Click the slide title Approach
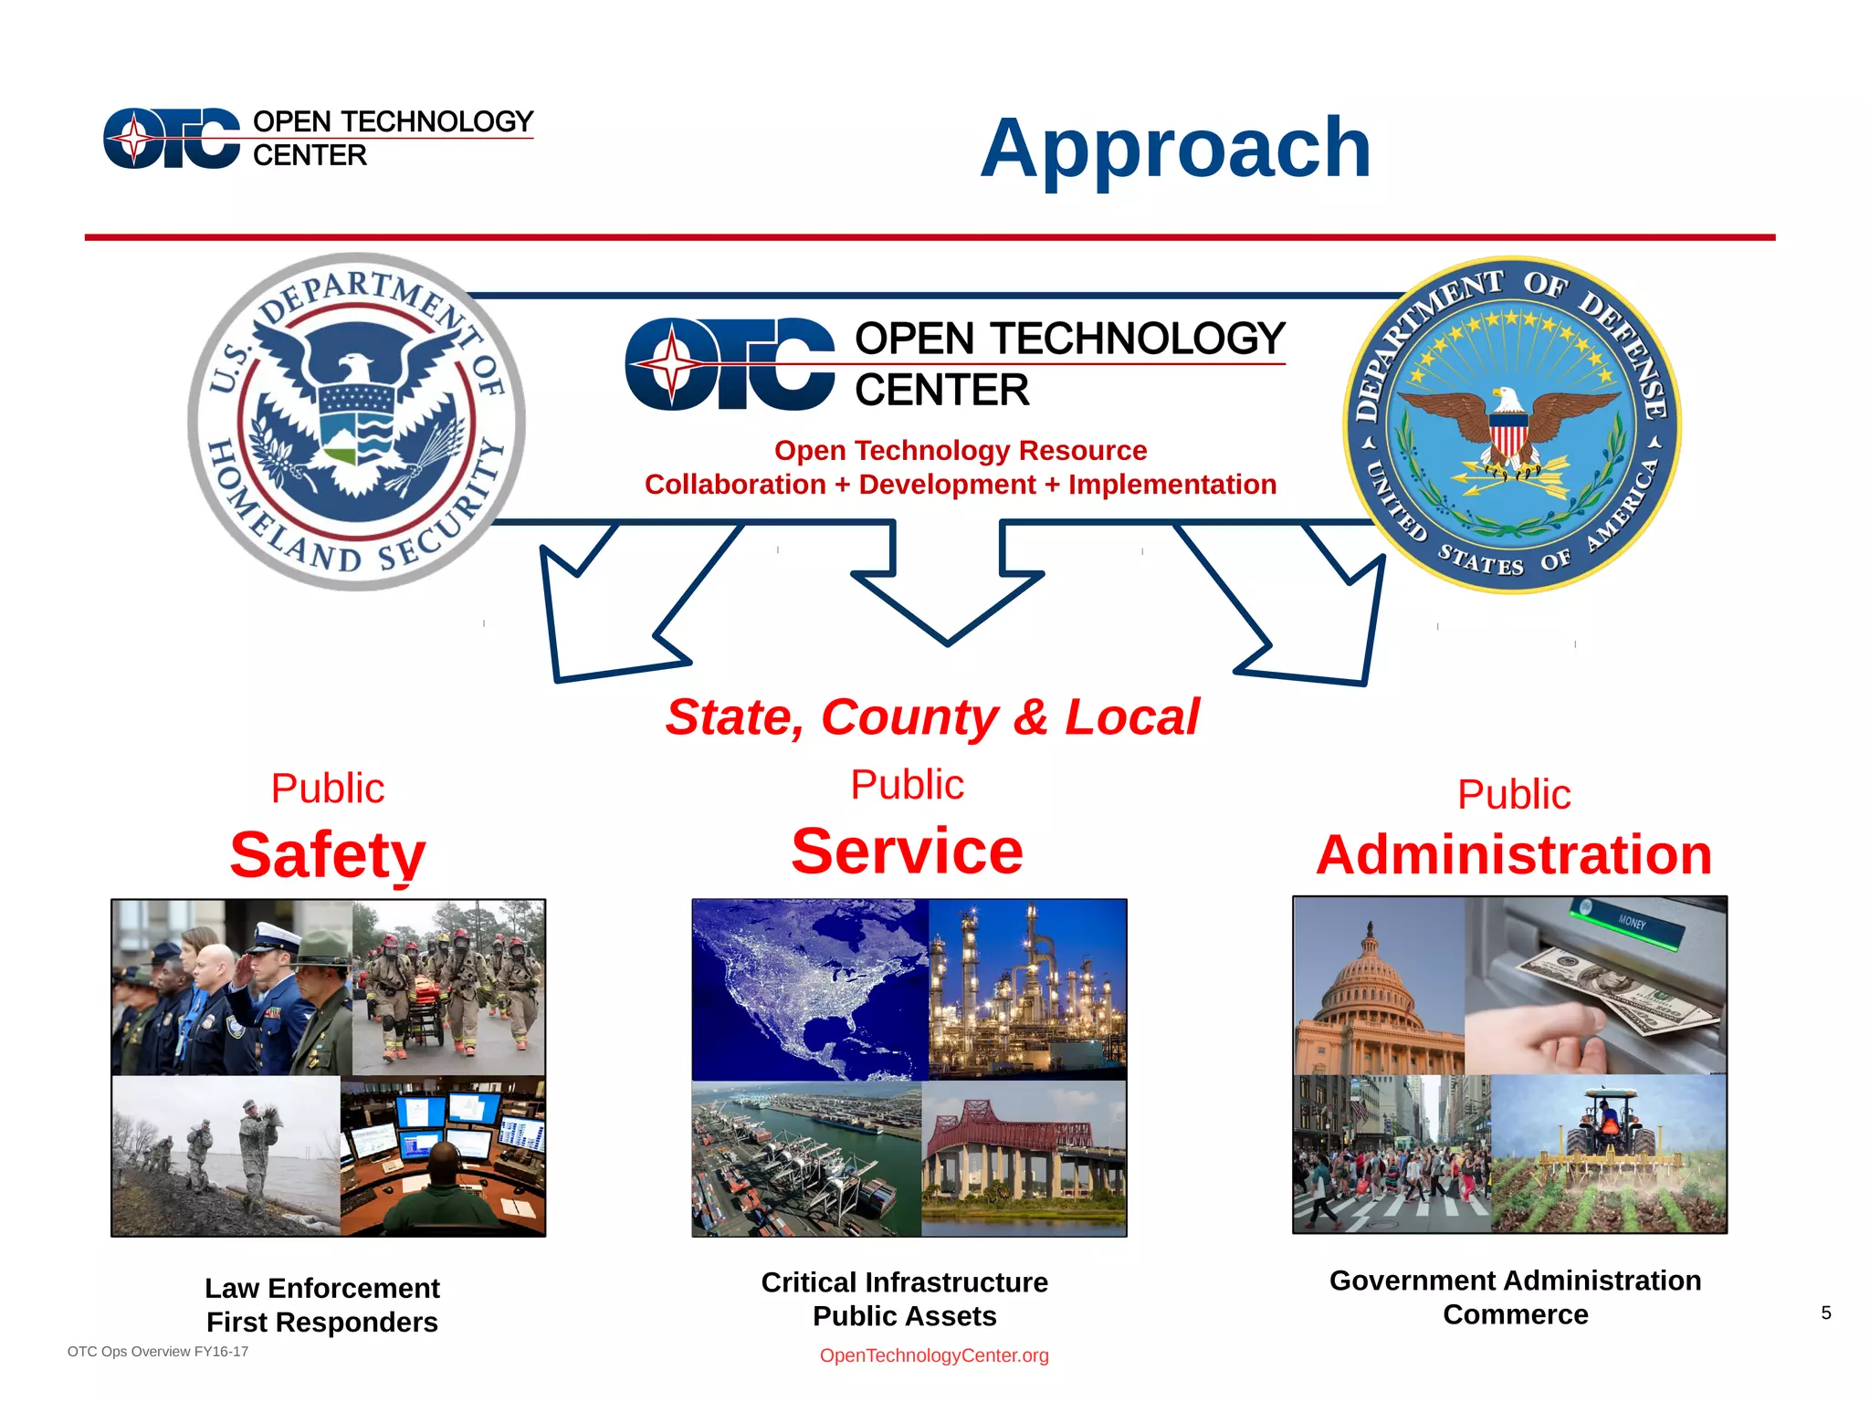[x=1175, y=148]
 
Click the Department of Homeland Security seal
[x=356, y=422]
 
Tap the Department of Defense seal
[x=1511, y=424]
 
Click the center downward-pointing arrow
[x=947, y=584]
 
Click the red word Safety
[x=328, y=854]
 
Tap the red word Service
[x=907, y=851]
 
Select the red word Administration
[x=1514, y=855]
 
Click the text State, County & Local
[x=931, y=716]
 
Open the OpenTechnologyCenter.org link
[x=934, y=1355]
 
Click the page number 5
[x=1825, y=1312]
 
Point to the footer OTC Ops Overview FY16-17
[x=158, y=1352]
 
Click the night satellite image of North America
[x=810, y=989]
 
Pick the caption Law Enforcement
[x=322, y=1288]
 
